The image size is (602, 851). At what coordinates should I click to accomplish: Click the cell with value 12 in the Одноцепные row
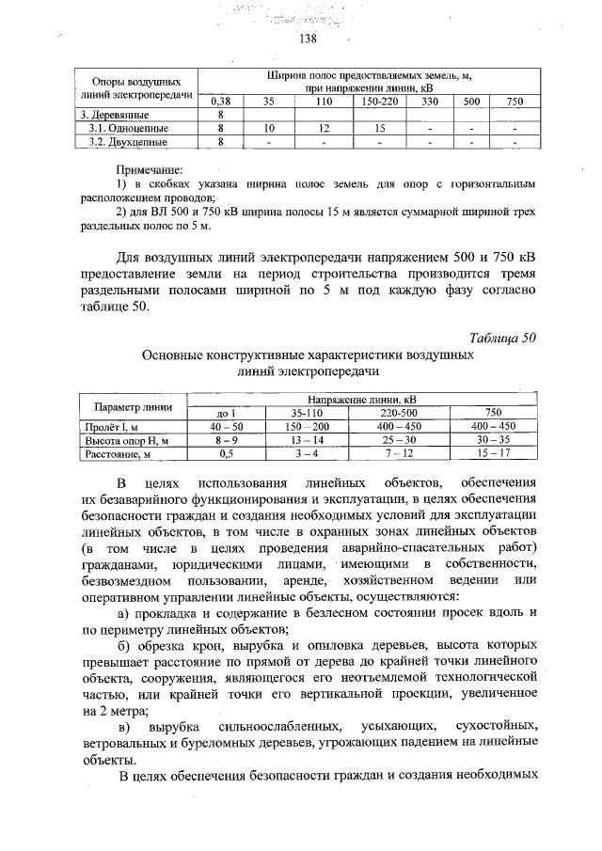click(323, 127)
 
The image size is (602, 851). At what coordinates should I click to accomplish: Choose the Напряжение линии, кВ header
click(362, 400)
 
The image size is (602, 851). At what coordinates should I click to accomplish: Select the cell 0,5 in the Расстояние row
click(226, 453)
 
